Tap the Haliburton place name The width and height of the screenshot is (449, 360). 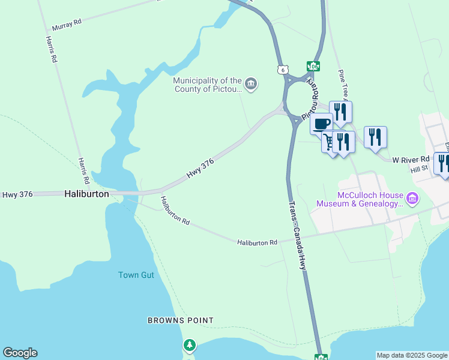point(86,194)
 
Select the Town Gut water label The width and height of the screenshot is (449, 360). point(136,275)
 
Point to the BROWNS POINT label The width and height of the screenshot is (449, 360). point(181,320)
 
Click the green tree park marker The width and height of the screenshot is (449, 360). point(190,345)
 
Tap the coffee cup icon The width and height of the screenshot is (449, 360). point(321,123)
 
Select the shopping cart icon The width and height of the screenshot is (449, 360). point(329,142)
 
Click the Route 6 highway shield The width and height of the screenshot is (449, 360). point(282,70)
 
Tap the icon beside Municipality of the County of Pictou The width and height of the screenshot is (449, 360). point(252,85)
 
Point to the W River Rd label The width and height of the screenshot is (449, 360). point(411,160)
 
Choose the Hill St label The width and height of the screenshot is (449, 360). point(419,169)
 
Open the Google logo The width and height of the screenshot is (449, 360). point(20,353)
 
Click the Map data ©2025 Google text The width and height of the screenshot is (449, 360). point(412,355)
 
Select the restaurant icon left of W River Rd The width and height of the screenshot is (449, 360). point(375,136)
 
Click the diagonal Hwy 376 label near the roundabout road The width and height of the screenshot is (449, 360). point(200,171)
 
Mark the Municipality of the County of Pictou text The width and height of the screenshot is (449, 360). point(207,85)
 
